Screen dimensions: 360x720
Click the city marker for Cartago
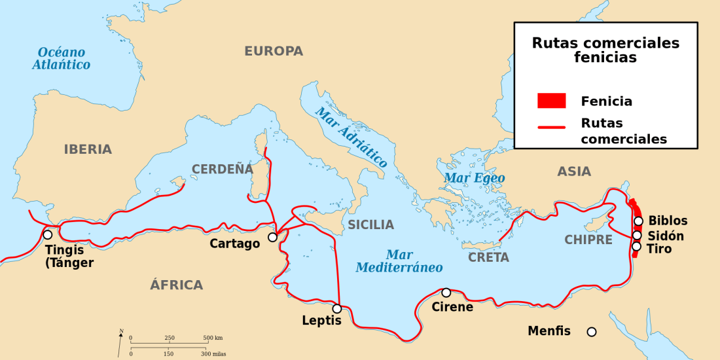pyautogui.click(x=273, y=237)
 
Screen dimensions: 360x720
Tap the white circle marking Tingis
pyautogui.click(x=48, y=234)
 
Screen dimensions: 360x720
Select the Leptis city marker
pyautogui.click(x=337, y=308)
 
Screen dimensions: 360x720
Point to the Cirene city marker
pyautogui.click(x=446, y=293)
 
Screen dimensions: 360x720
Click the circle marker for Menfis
pyautogui.click(x=592, y=332)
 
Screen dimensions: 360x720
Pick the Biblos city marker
pyautogui.click(x=638, y=221)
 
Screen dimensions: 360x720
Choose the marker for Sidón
pyautogui.click(x=637, y=235)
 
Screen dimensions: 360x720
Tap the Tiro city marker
pyautogui.click(x=636, y=247)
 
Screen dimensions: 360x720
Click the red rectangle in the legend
pyautogui.click(x=551, y=101)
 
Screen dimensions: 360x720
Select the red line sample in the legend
pyautogui.click(x=551, y=128)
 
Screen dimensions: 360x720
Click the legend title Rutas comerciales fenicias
pyautogui.click(x=605, y=50)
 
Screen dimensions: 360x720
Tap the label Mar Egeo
pyautogui.click(x=475, y=177)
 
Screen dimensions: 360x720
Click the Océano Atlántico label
pyautogui.click(x=62, y=58)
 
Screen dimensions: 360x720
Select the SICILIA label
pyautogui.click(x=370, y=225)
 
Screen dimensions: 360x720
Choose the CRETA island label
pyautogui.click(x=488, y=257)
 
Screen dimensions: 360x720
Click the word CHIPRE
pyautogui.click(x=588, y=240)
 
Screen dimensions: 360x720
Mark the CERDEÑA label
pyautogui.click(x=222, y=169)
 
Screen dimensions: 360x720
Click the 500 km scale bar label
pyautogui.click(x=213, y=338)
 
